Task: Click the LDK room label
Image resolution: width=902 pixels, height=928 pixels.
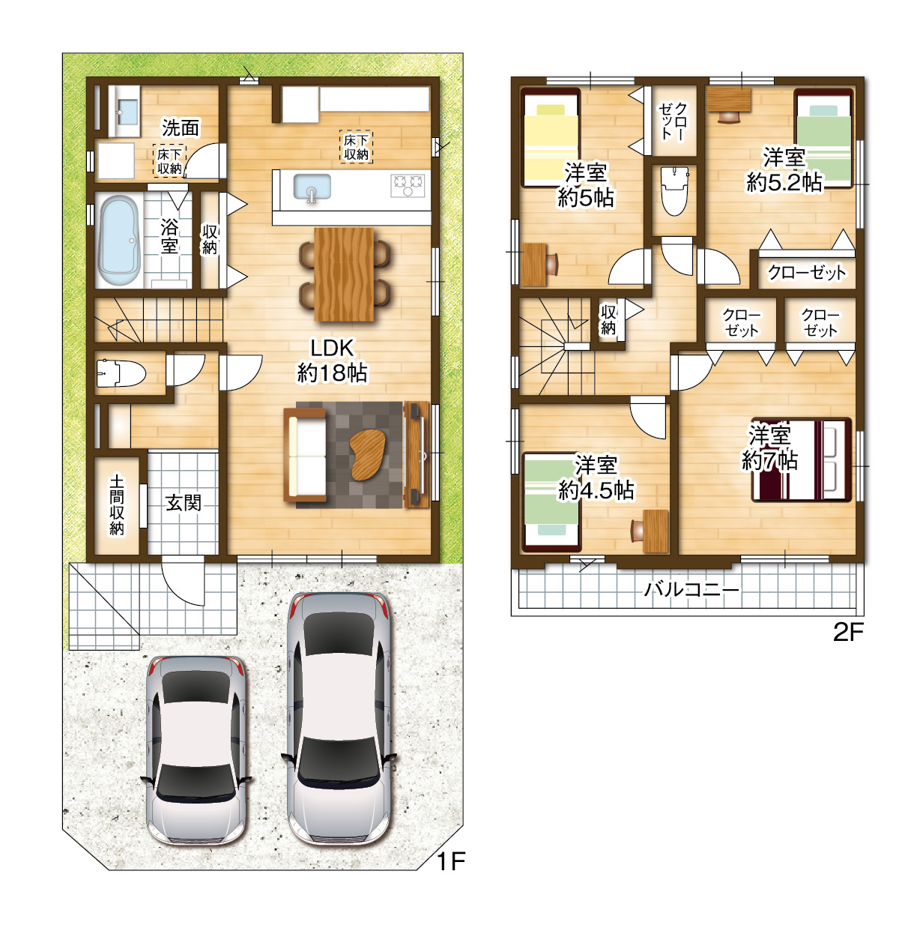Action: point(332,361)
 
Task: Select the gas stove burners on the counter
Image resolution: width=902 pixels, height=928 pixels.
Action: point(408,185)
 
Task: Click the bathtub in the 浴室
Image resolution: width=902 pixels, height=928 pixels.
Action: point(119,241)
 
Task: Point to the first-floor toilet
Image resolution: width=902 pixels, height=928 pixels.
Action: point(121,373)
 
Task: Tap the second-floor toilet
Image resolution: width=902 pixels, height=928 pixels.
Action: point(674,190)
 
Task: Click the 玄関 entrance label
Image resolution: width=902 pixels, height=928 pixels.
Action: point(183,503)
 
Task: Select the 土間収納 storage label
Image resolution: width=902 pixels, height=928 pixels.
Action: point(117,504)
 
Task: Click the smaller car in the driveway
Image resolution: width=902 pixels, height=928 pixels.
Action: point(196,750)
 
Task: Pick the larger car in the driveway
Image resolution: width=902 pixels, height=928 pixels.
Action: point(339,719)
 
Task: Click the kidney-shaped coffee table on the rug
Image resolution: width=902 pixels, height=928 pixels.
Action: point(366,455)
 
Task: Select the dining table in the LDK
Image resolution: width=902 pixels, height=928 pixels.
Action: point(344,274)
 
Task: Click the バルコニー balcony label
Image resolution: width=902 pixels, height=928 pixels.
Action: point(691,590)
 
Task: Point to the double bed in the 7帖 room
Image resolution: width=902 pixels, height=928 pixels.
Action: point(802,460)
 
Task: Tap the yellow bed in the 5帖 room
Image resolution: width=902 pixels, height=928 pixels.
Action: point(551,137)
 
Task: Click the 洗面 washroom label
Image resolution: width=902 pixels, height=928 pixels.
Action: point(181,127)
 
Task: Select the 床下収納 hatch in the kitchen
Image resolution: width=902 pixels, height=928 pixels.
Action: point(356,147)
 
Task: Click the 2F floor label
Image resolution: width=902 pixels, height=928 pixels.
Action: point(848,633)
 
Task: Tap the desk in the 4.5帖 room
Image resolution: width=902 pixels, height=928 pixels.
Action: point(656,531)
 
